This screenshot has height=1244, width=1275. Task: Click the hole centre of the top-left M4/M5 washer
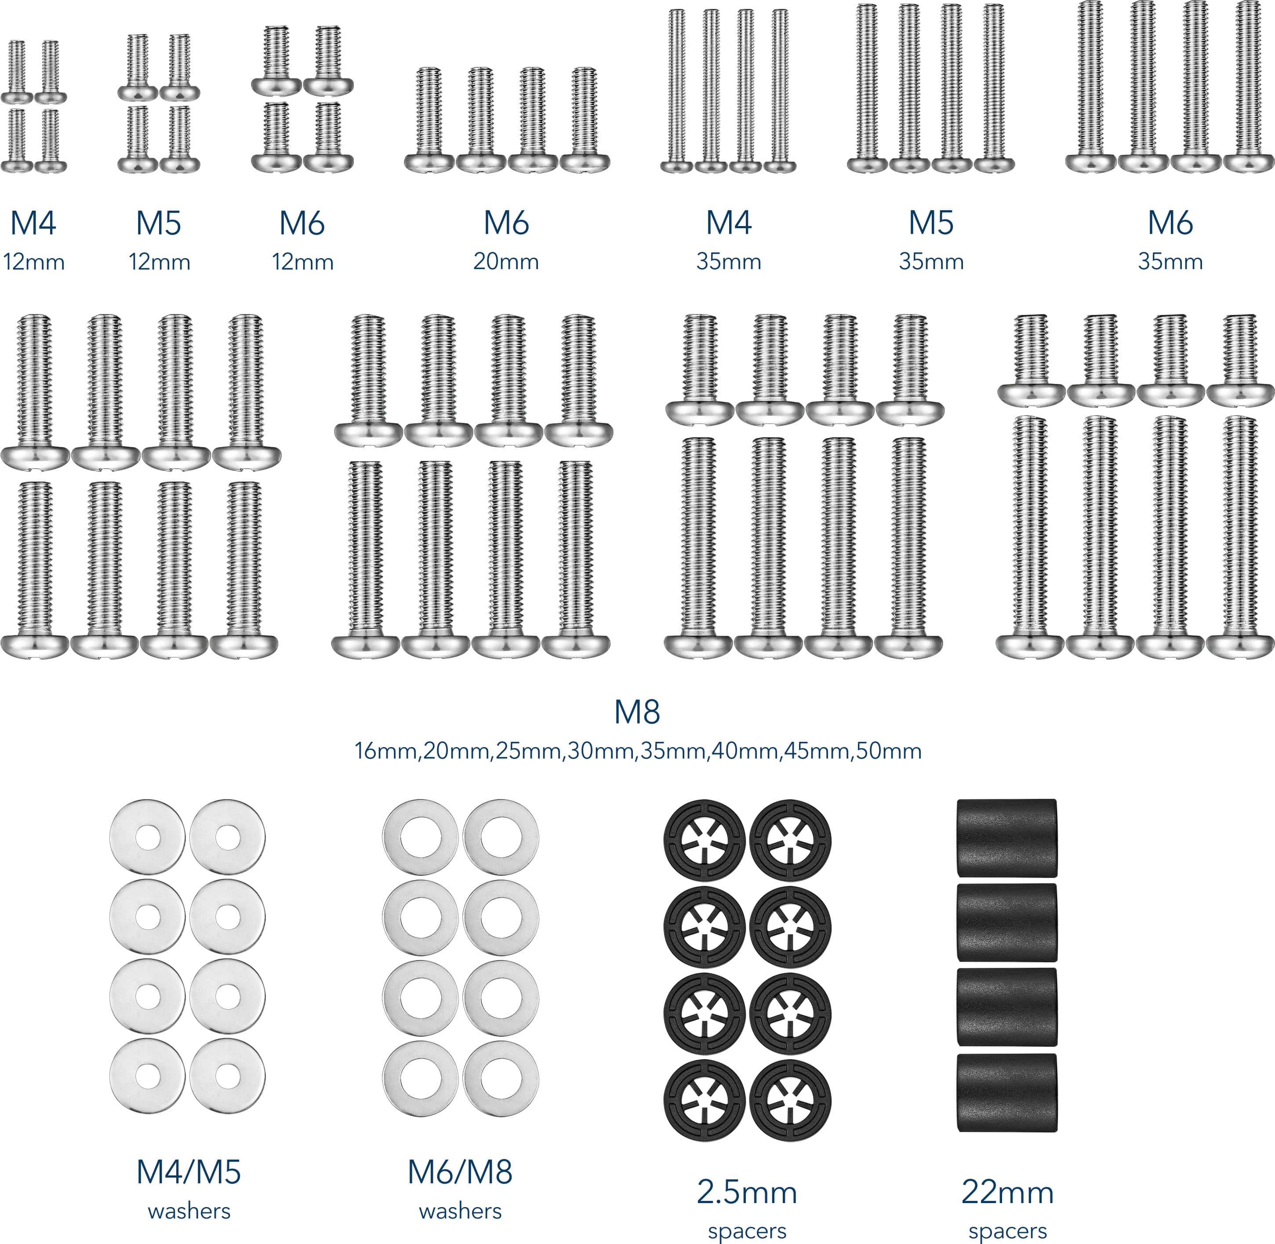point(148,837)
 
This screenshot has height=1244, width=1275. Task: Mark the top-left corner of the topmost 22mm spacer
point(958,800)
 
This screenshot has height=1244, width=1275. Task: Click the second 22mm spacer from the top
point(1006,923)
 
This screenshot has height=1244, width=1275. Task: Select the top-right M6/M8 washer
point(501,837)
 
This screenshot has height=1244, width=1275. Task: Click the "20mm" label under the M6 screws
point(506,262)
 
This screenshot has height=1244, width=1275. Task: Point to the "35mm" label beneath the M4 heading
point(729,262)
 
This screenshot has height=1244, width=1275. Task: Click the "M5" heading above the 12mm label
point(159,223)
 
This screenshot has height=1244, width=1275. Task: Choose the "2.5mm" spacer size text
point(747,1193)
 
